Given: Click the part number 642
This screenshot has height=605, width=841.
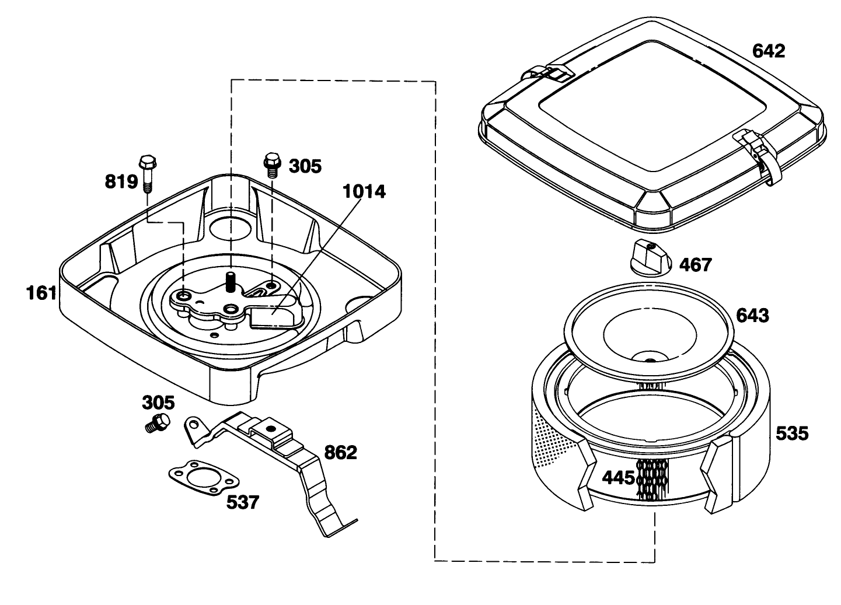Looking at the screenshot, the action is pyautogui.click(x=769, y=51).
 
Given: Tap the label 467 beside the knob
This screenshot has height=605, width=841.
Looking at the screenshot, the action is pyautogui.click(x=695, y=265).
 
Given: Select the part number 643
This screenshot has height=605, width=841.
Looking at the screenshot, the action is pyautogui.click(x=752, y=315).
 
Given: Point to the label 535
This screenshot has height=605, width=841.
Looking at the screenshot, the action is pyautogui.click(x=792, y=433).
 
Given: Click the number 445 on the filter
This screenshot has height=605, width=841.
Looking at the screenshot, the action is pyautogui.click(x=619, y=478).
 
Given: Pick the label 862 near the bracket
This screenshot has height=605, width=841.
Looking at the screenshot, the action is pyautogui.click(x=340, y=453).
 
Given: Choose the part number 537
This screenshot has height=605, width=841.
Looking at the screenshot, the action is pyautogui.click(x=243, y=502).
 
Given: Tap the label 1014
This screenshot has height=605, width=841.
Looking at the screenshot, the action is pyautogui.click(x=364, y=191).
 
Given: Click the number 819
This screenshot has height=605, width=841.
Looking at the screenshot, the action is pyautogui.click(x=121, y=181).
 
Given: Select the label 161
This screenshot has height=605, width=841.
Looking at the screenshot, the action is pyautogui.click(x=41, y=293).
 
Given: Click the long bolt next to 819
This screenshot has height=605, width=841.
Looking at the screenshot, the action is pyautogui.click(x=147, y=173).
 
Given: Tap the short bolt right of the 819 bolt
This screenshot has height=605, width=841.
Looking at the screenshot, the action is pyautogui.click(x=273, y=165).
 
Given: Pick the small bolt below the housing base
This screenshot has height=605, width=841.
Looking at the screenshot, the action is pyautogui.click(x=158, y=424).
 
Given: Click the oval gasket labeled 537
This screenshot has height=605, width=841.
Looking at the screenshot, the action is pyautogui.click(x=204, y=478).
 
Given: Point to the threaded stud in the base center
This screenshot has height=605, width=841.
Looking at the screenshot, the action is pyautogui.click(x=229, y=282).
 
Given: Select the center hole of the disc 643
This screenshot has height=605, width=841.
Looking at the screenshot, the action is pyautogui.click(x=650, y=361).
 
